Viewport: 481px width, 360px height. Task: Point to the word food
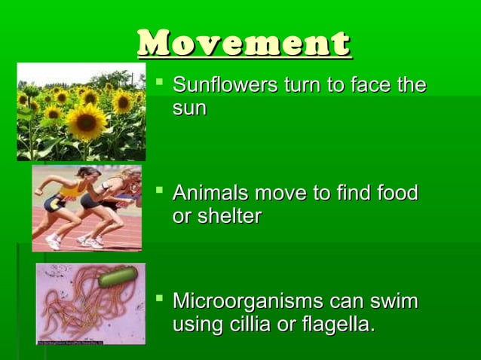pos(394,194)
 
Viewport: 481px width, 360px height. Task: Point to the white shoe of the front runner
pos(54,242)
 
